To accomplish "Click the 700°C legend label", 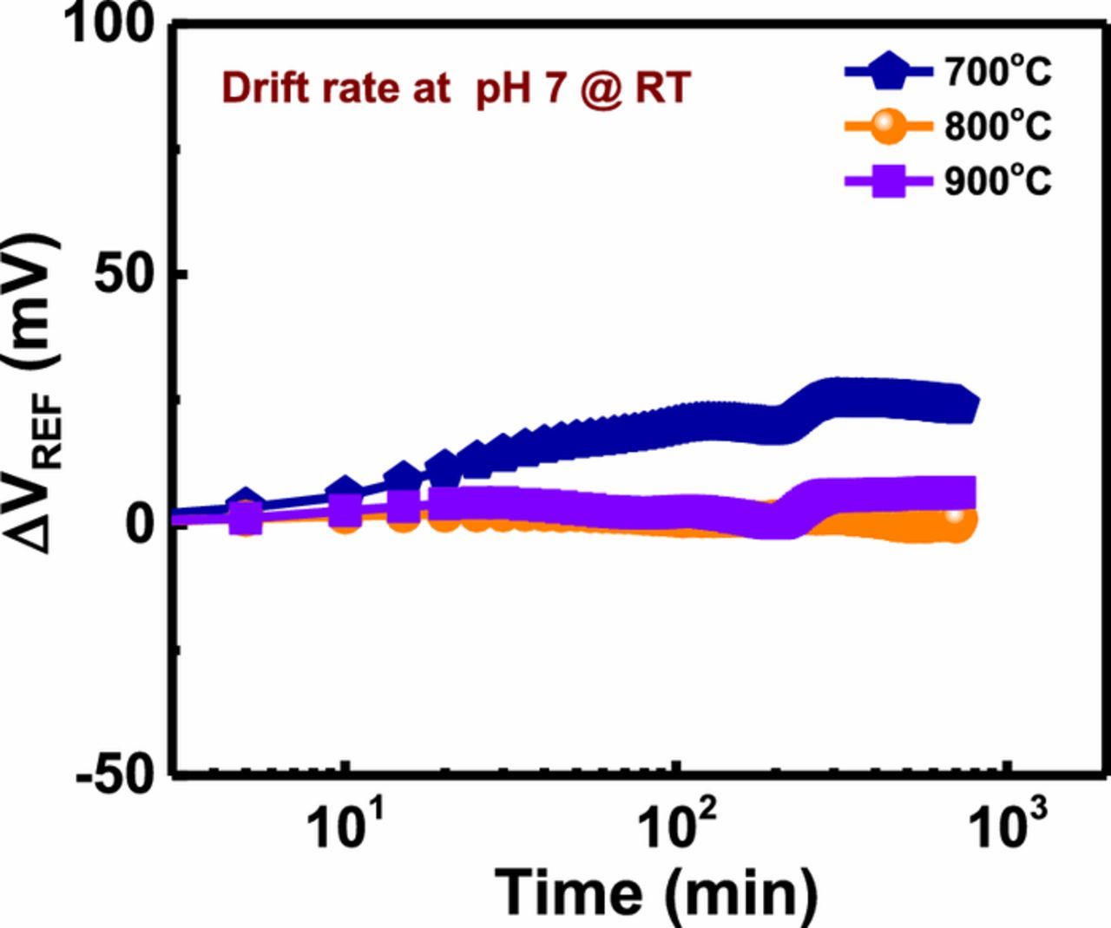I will point(998,72).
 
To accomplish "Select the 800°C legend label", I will point(998,127).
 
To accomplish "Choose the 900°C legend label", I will point(998,181).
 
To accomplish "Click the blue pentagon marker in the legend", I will point(886,73).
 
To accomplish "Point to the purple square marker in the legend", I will point(886,182).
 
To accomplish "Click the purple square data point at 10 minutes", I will point(345,512).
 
